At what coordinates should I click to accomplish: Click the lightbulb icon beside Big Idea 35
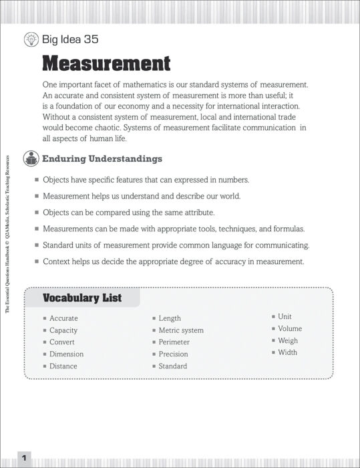[x=30, y=39]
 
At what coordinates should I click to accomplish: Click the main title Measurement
[x=106, y=64]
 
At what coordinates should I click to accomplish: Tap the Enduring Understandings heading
[x=102, y=159]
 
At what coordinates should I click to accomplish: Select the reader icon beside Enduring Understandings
[x=31, y=159]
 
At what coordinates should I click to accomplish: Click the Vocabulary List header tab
[x=82, y=298]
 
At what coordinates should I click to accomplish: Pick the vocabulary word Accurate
[x=63, y=318]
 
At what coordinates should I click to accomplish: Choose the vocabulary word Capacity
[x=63, y=330]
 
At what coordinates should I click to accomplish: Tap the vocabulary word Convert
[x=62, y=342]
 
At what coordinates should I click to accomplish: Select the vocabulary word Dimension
[x=66, y=354]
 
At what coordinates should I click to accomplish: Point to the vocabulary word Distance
[x=63, y=366]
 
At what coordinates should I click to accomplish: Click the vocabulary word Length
[x=170, y=318]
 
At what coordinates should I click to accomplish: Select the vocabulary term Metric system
[x=181, y=330]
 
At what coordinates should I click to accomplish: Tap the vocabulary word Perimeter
[x=174, y=342]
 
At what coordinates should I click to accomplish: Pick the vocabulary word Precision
[x=173, y=354]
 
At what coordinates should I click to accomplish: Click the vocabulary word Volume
[x=290, y=328]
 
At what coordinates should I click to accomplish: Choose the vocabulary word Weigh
[x=288, y=340]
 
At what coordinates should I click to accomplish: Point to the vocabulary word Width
[x=287, y=352]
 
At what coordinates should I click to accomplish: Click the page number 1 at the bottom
[x=24, y=458]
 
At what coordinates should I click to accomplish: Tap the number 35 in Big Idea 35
[x=91, y=39]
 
